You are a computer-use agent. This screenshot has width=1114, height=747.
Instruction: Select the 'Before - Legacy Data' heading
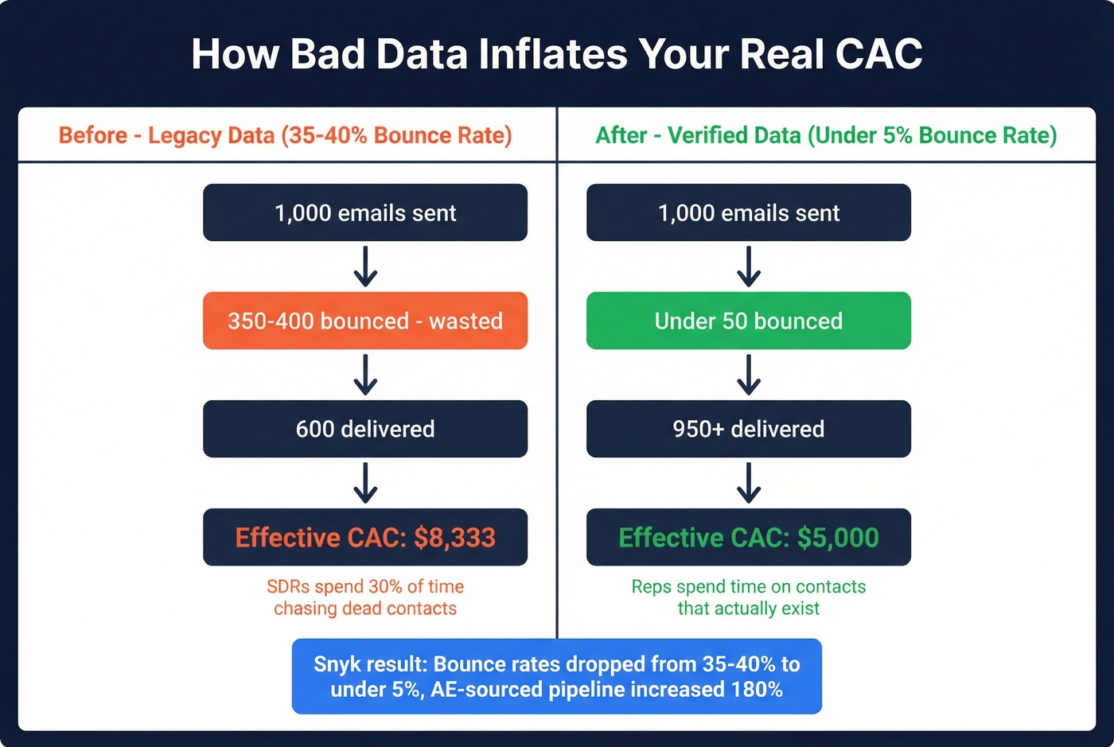pos(285,135)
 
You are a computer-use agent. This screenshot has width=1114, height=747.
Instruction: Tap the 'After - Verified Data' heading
pos(826,135)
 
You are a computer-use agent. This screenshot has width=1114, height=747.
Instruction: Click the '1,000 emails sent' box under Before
pos(365,212)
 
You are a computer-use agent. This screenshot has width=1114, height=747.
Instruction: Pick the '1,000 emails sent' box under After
pos(749,212)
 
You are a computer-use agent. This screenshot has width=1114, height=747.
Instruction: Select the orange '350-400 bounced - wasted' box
pos(365,321)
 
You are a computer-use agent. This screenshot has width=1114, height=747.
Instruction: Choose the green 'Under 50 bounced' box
pos(749,321)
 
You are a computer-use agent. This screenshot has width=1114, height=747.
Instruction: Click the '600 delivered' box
pos(365,429)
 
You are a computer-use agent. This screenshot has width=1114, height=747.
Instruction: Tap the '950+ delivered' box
pos(749,429)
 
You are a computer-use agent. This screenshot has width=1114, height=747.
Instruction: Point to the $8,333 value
pos(454,538)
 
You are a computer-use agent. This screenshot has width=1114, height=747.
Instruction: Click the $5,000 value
pos(838,538)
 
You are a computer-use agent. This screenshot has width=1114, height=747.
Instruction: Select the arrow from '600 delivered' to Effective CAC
pos(365,483)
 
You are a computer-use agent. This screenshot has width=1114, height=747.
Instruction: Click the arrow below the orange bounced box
pos(365,375)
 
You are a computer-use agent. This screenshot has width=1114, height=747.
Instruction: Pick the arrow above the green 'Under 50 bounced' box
pos(749,267)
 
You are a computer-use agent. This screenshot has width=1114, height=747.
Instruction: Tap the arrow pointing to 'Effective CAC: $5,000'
pos(749,483)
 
